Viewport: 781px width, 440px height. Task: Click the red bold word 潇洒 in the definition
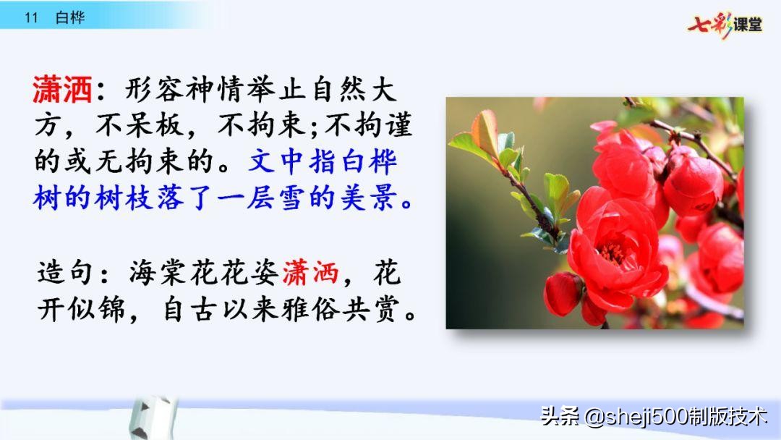pyautogui.click(x=61, y=91)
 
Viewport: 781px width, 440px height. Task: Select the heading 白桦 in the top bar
pyautogui.click(x=69, y=18)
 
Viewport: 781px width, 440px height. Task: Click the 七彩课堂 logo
pyautogui.click(x=725, y=25)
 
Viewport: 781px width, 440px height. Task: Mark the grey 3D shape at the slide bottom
pyautogui.click(x=151, y=420)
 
